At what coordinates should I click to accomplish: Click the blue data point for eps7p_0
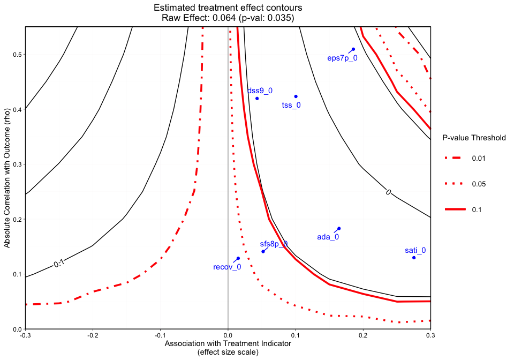tap(353, 49)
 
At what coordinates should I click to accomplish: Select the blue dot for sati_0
tap(414, 258)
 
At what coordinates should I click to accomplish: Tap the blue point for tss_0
tap(296, 96)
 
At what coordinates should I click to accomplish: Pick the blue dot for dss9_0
tap(257, 99)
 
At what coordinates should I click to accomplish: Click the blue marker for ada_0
tap(339, 229)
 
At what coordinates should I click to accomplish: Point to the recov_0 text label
tap(227, 267)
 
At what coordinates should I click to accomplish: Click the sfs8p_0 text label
tap(274, 244)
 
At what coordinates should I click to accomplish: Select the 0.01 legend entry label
tap(479, 159)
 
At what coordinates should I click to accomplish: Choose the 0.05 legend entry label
tap(479, 184)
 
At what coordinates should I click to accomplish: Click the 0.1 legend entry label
tap(477, 210)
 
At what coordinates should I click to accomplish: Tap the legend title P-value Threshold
tap(474, 138)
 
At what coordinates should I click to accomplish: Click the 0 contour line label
tap(389, 192)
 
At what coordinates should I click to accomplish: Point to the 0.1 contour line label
tap(59, 263)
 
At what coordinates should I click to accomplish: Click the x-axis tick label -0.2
tap(93, 336)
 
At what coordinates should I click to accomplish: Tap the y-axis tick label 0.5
tap(17, 55)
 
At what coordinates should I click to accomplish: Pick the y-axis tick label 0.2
tap(17, 220)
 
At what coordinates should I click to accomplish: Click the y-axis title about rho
tap(7, 178)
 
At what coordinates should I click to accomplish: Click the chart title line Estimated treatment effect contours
tap(228, 8)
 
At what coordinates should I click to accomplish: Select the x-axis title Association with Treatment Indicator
tap(228, 343)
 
